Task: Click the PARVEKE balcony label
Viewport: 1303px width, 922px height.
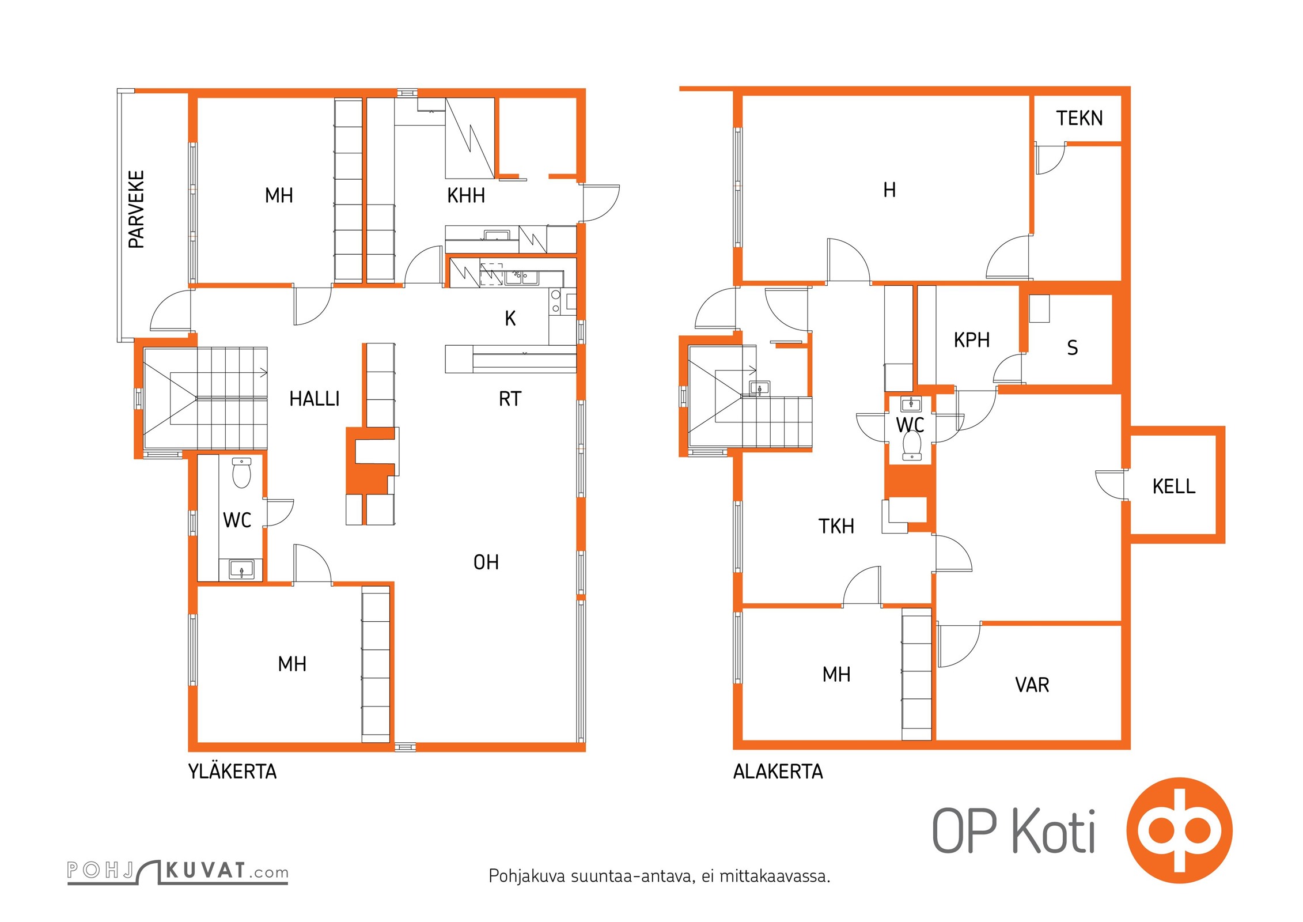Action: tap(137, 209)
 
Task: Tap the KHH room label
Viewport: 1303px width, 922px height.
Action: tap(466, 196)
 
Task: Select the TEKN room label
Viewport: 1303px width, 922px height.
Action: tap(1079, 118)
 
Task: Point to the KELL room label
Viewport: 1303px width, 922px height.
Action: tap(1174, 486)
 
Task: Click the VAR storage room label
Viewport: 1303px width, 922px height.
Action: tap(1032, 685)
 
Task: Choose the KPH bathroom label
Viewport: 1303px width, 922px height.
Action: tap(972, 340)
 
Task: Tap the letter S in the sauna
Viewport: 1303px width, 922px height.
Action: tap(1073, 348)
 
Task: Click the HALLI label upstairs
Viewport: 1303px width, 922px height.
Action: tap(315, 399)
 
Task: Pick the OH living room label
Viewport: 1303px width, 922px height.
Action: tap(486, 562)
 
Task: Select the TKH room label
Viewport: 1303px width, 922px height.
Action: tap(836, 526)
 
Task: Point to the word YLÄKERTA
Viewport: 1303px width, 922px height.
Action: tap(233, 772)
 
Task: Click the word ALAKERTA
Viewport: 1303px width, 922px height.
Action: tap(778, 772)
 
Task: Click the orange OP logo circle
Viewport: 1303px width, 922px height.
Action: tap(1180, 830)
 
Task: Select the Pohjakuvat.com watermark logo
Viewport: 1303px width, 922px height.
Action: tap(178, 871)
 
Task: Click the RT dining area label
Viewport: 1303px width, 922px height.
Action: tap(510, 399)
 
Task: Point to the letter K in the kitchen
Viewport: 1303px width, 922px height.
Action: tap(510, 319)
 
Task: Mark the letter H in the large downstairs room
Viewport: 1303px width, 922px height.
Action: tap(889, 190)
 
